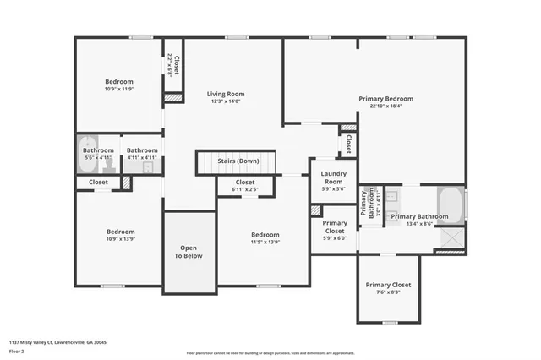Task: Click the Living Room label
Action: [227, 94]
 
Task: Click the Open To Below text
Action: [189, 252]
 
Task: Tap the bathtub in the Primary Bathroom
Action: [451, 205]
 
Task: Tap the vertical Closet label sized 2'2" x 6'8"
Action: [173, 64]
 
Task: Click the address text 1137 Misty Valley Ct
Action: [58, 342]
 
